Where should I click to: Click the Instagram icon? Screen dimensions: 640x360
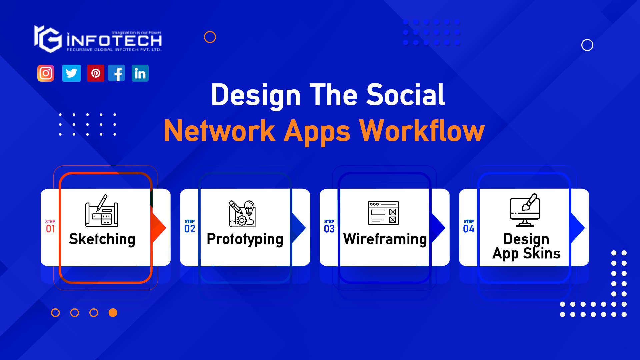46,73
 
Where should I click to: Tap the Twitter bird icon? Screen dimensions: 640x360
71,73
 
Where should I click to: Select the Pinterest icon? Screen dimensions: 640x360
96,73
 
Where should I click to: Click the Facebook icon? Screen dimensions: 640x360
117,73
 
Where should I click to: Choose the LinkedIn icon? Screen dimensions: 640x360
140,73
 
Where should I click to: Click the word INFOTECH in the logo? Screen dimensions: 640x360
114,41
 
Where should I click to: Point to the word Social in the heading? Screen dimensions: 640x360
406,95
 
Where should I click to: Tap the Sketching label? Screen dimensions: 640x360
102,239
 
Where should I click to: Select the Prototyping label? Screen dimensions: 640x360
245,239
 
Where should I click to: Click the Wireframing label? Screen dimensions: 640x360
385,239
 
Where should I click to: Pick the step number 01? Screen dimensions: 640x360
50,229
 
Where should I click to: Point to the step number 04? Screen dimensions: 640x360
469,229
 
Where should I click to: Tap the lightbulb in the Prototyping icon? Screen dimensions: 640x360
249,207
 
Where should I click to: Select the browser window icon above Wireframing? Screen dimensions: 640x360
383,213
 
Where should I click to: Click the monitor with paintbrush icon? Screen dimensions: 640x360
525,210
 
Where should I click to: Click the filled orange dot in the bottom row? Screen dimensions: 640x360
113,313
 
